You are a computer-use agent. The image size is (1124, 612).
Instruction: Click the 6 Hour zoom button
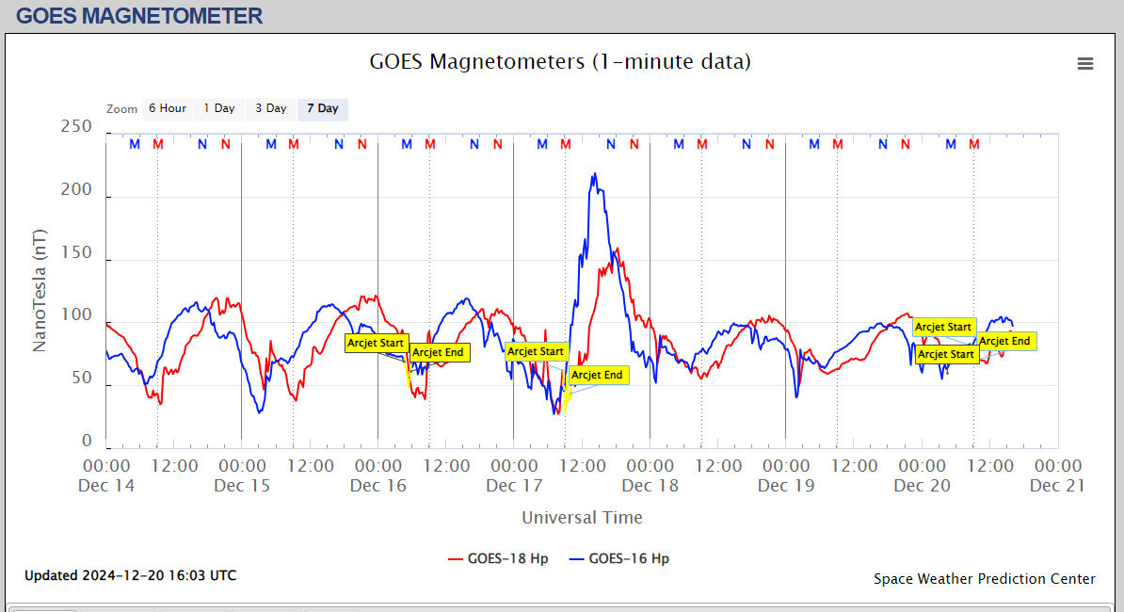pyautogui.click(x=168, y=108)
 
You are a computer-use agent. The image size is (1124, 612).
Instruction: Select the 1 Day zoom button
pyautogui.click(x=219, y=108)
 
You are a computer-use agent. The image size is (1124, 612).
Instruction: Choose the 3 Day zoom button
pyautogui.click(x=271, y=108)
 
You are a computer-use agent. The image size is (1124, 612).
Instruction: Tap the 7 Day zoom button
pyautogui.click(x=323, y=108)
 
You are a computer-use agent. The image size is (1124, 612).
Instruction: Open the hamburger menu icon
pyautogui.click(x=1085, y=63)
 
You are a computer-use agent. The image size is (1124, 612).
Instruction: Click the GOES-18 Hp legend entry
pyautogui.click(x=499, y=558)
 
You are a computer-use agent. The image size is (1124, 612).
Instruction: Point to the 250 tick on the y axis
pyautogui.click(x=76, y=126)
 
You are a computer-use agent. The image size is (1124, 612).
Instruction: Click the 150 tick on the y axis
pyautogui.click(x=76, y=252)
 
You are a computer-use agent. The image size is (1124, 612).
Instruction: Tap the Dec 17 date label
pyautogui.click(x=514, y=486)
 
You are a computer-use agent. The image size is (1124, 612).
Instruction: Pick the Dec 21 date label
pyautogui.click(x=1058, y=486)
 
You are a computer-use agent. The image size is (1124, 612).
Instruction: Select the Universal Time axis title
pyautogui.click(x=582, y=517)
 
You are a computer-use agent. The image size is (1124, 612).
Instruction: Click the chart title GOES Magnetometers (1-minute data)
pyautogui.click(x=560, y=62)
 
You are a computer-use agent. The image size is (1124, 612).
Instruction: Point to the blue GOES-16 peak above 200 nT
pyautogui.click(x=594, y=175)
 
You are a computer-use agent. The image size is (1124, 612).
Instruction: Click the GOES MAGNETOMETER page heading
pyautogui.click(x=139, y=15)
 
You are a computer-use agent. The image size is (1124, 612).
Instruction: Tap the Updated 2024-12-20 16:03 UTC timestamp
pyautogui.click(x=130, y=575)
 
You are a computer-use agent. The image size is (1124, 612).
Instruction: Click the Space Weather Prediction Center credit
pyautogui.click(x=984, y=579)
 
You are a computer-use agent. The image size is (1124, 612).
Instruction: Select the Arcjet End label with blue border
pyautogui.click(x=598, y=375)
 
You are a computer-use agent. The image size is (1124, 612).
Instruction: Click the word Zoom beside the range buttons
pyautogui.click(x=122, y=109)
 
